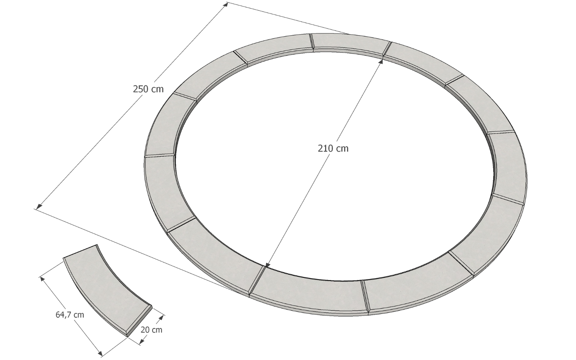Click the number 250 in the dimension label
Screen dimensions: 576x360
pos(140,89)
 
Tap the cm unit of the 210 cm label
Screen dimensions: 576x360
pos(342,149)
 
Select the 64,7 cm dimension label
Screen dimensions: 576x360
pos(70,315)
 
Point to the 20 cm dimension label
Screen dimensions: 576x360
pos(152,330)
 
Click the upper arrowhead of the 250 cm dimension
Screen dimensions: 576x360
pos(225,5)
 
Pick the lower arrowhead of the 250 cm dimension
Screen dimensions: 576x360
pos(39,207)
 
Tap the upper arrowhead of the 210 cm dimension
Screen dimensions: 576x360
pos(381,62)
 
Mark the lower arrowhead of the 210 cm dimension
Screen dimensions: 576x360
pos(267,266)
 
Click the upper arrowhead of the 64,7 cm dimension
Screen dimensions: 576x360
pos(42,279)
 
